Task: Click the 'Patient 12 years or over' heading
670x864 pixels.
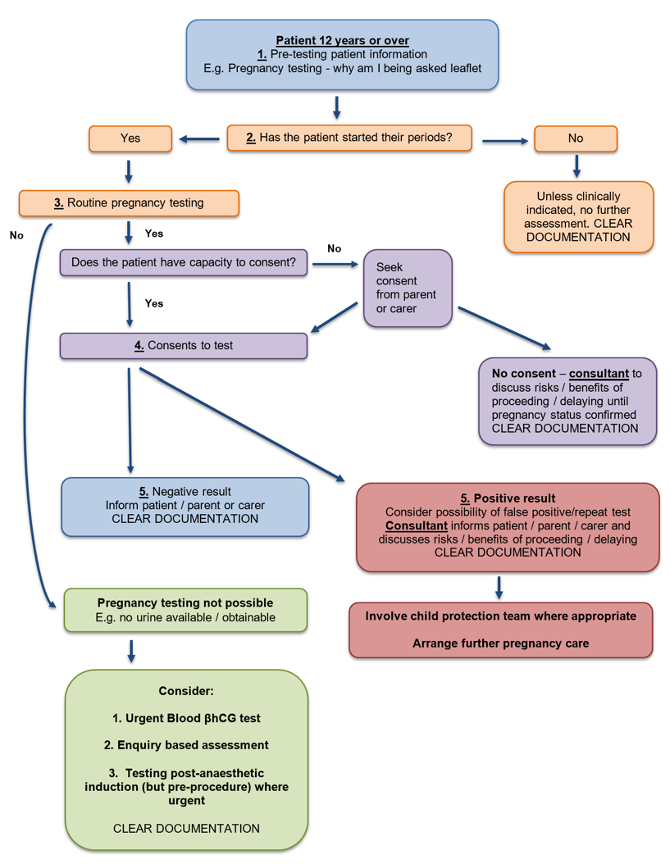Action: coord(342,40)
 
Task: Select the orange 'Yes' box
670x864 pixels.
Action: coord(130,139)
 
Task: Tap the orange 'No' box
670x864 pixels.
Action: coord(575,139)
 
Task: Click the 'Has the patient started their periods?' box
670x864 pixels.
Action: coord(349,138)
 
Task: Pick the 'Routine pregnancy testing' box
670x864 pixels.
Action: coord(129,202)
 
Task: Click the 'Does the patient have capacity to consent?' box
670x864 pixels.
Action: coord(184,263)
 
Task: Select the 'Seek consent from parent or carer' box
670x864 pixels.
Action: coord(407,288)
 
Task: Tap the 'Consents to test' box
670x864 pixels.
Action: coord(184,346)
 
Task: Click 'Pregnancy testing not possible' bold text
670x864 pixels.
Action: coord(185,603)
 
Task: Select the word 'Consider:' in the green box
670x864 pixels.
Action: coord(186,691)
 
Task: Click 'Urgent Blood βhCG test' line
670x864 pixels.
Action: coord(186,718)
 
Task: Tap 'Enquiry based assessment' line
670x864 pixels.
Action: coord(186,745)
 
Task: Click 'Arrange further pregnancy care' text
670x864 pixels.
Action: coord(500,643)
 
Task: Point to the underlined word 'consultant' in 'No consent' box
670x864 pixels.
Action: coord(598,373)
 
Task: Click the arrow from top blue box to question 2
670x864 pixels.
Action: coord(336,107)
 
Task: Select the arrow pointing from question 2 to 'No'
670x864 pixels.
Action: coord(504,141)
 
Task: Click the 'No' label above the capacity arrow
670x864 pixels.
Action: coord(334,248)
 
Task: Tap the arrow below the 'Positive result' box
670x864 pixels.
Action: coord(499,587)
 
